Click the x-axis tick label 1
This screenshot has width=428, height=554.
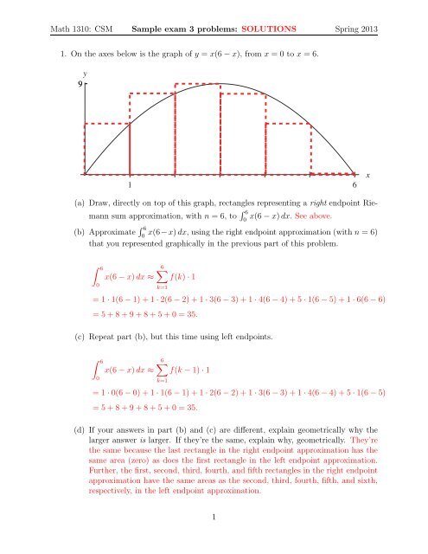(x=130, y=185)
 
